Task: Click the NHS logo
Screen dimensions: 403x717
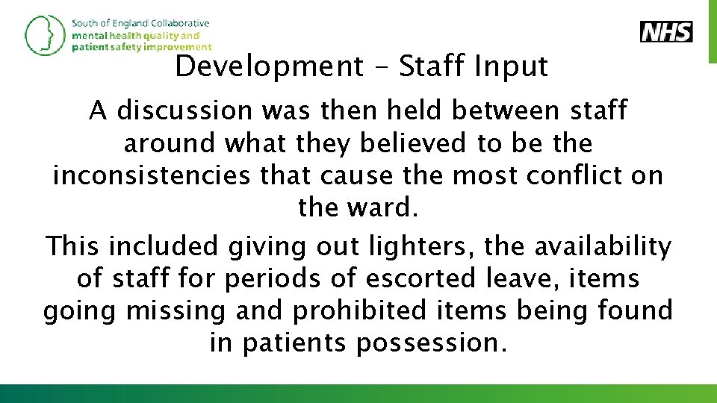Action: [x=666, y=32]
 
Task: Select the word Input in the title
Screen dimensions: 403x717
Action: [x=510, y=67]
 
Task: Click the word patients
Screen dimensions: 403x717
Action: [x=295, y=343]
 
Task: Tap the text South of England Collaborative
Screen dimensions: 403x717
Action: [x=140, y=23]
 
